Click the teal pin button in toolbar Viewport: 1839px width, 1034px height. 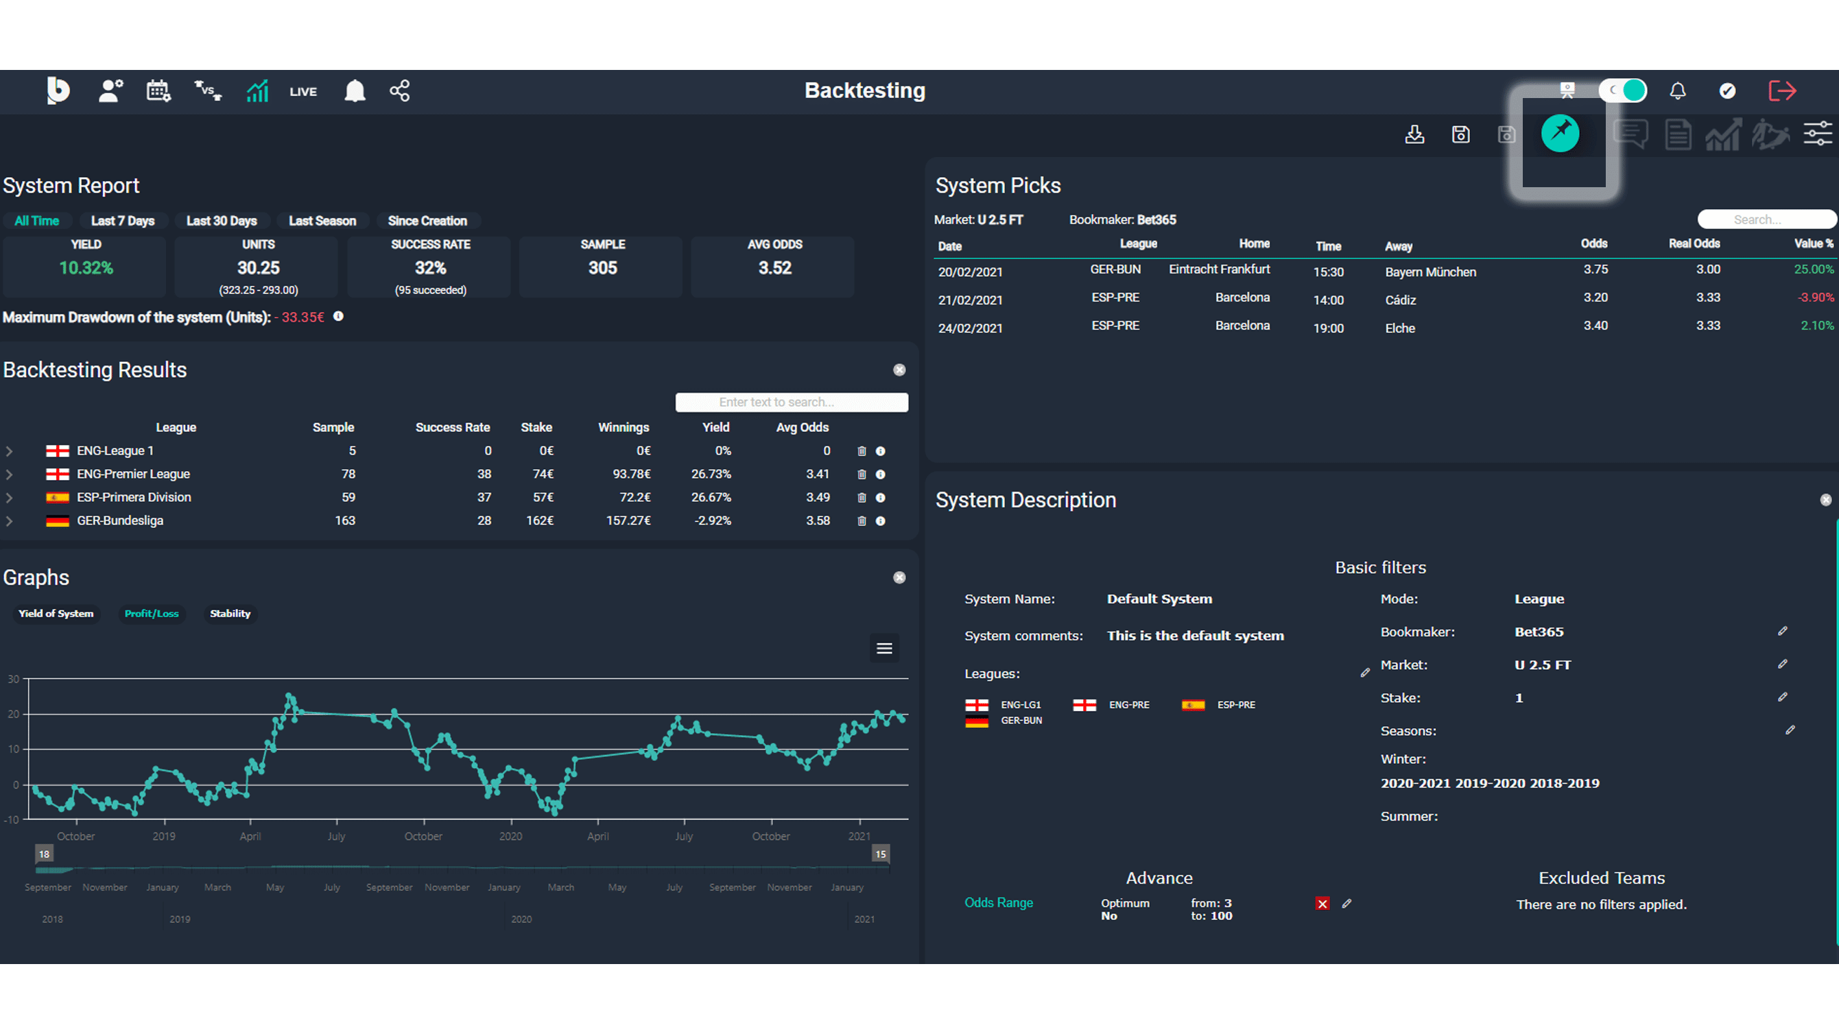click(x=1560, y=134)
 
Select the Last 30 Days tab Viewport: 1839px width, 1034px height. click(x=222, y=221)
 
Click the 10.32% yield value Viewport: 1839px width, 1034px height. click(x=86, y=268)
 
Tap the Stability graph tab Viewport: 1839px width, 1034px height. click(x=230, y=614)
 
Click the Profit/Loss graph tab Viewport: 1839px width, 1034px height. click(x=152, y=614)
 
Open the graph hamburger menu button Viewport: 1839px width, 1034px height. click(x=883, y=649)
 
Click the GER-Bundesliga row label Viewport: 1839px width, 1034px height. click(x=120, y=521)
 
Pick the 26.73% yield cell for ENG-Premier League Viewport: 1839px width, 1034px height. click(x=711, y=474)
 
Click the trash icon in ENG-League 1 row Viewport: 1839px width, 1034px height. click(x=862, y=452)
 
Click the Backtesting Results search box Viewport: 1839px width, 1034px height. click(x=791, y=402)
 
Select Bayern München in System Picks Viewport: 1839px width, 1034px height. click(x=1430, y=273)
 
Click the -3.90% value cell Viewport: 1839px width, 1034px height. click(x=1815, y=298)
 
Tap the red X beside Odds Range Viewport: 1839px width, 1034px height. click(x=1322, y=904)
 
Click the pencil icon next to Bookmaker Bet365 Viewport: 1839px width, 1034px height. click(x=1782, y=632)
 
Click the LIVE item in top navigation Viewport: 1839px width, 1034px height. click(x=302, y=92)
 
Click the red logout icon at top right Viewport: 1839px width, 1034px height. click(x=1782, y=91)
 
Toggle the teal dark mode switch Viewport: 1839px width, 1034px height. click(x=1623, y=91)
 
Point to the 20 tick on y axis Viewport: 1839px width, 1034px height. click(x=14, y=714)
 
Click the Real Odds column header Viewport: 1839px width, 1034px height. click(x=1694, y=244)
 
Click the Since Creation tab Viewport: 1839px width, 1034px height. click(x=427, y=221)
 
